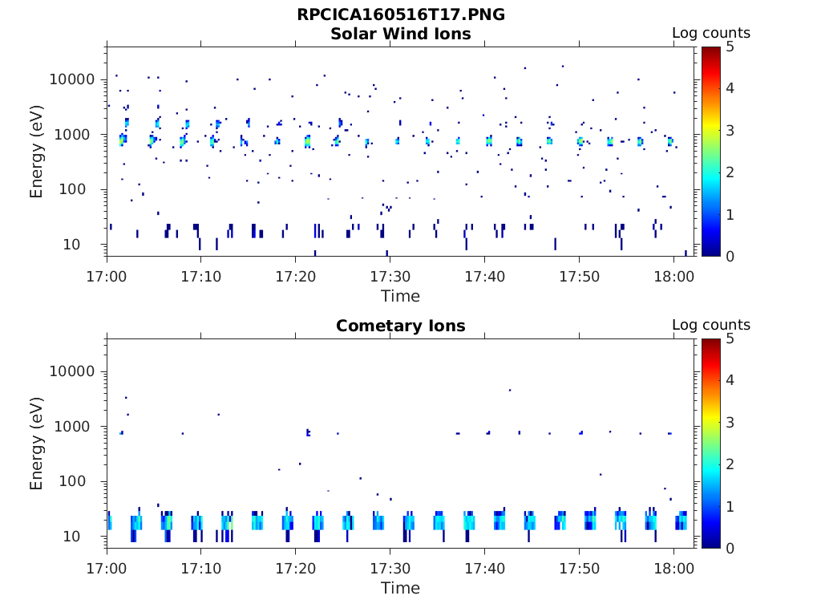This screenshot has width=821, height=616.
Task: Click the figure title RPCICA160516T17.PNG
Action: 401,14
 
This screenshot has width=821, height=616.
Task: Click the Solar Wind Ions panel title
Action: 401,34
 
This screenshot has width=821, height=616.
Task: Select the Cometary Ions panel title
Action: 401,326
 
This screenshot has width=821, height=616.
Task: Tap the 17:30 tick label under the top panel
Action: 390,276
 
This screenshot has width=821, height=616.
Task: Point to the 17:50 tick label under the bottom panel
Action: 579,568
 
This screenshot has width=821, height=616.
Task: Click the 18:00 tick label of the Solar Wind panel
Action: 673,276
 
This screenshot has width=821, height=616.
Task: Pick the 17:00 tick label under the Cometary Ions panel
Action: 107,568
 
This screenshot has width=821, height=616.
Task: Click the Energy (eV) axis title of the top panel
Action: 37,152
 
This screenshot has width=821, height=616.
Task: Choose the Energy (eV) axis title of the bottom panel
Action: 37,444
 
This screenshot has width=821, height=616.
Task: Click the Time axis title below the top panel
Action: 400,296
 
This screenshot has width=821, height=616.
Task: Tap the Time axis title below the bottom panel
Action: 400,588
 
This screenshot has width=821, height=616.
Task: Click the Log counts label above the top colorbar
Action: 710,33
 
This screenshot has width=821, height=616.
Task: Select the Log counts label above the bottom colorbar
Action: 710,325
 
